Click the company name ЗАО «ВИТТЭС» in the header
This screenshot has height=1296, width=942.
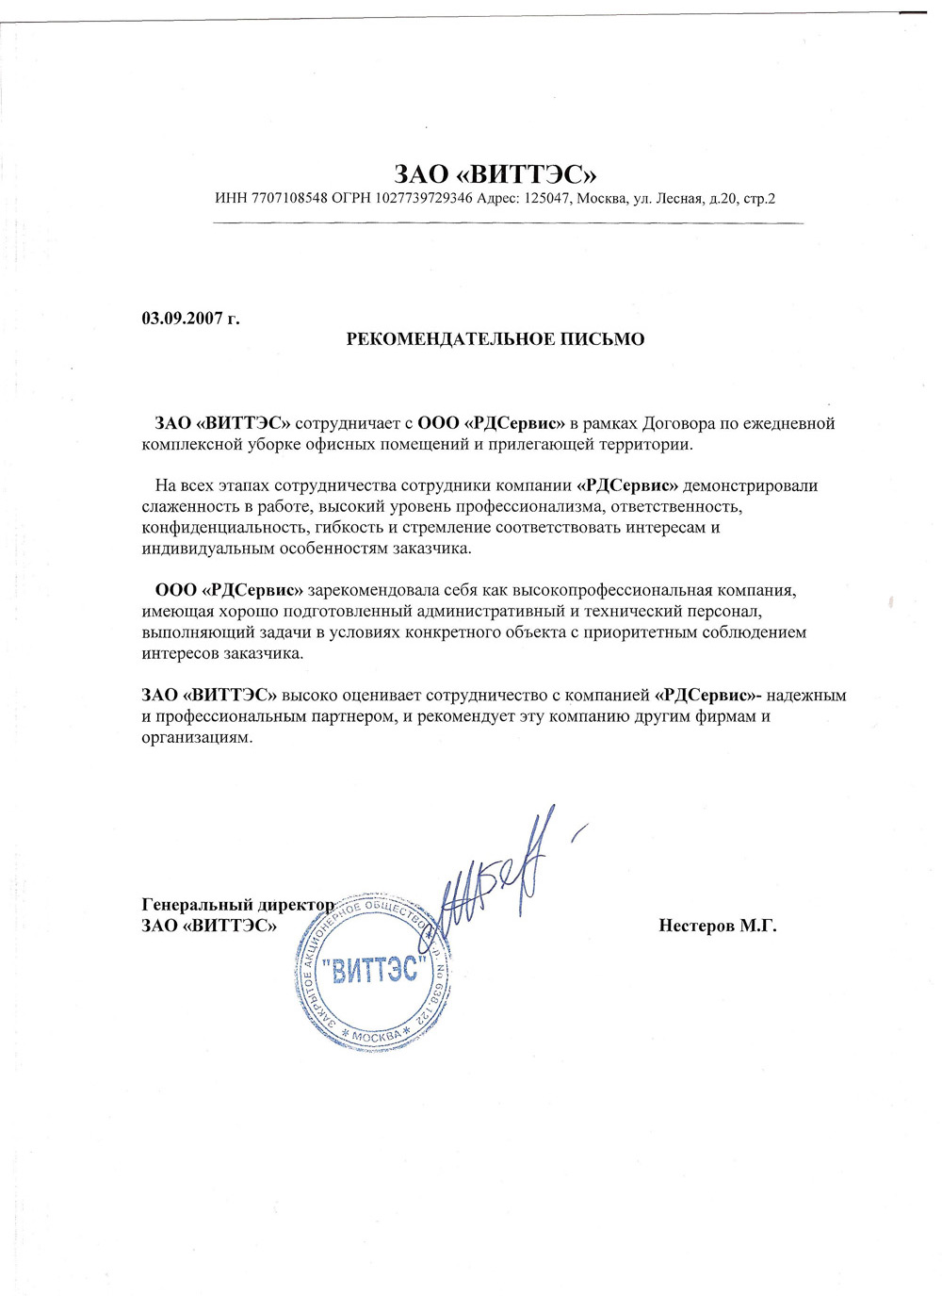click(x=495, y=174)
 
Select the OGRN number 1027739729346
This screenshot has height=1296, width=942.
click(x=424, y=199)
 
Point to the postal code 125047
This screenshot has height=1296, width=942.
click(x=546, y=199)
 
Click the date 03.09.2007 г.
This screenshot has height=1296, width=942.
click(x=190, y=319)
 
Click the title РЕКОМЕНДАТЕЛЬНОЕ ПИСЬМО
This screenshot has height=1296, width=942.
click(x=495, y=339)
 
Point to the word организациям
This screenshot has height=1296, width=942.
click(x=197, y=737)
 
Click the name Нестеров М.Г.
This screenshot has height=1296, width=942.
click(x=718, y=926)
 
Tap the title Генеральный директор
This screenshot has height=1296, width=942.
click(x=237, y=905)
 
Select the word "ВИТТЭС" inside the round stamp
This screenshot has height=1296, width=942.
click(x=374, y=969)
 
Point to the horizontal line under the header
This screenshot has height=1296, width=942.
click(x=509, y=223)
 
